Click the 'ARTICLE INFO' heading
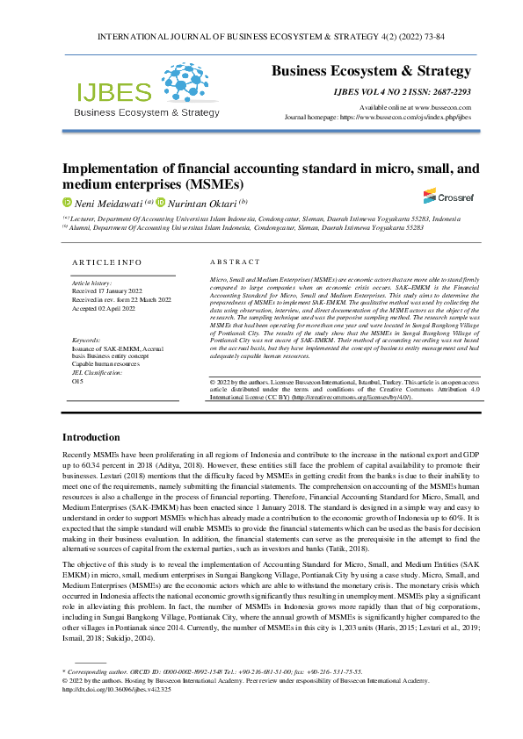tap(105, 262)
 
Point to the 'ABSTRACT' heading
tap(235, 262)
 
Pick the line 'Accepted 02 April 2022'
tap(104, 308)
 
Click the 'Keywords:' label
tap(86, 340)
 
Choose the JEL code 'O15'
tap(77, 382)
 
